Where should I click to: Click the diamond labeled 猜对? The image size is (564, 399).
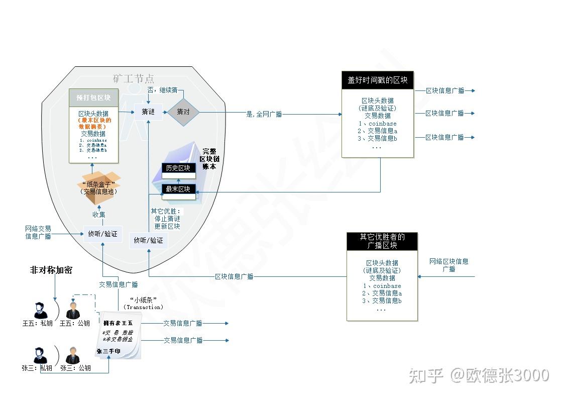pos(183,112)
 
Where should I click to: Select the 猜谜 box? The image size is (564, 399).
pos(148,112)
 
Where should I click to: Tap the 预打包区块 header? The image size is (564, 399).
pos(93,97)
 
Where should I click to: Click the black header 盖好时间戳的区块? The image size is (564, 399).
pos(378,80)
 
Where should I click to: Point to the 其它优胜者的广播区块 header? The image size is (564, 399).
pos(382,241)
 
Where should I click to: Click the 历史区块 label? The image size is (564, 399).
pos(178,168)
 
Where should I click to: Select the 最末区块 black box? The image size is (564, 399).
pos(178,189)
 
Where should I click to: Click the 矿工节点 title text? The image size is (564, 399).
pos(134,79)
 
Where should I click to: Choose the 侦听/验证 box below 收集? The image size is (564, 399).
pos(102,234)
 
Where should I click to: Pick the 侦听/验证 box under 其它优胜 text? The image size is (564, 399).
pos(148,240)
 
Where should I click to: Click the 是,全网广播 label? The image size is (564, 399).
pos(264,115)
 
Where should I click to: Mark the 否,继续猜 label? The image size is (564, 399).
pos(162,90)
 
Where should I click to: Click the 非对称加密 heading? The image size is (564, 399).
pos(51,270)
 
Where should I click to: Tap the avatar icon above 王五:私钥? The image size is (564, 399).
pos(41,310)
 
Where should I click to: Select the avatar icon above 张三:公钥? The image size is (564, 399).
pos(73,356)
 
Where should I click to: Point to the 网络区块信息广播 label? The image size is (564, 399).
pos(448,265)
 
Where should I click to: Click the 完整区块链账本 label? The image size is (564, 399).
pos(209,158)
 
